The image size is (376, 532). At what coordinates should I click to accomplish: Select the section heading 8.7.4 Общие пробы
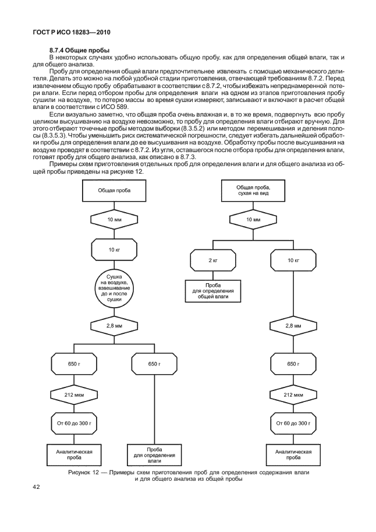[x=80, y=51]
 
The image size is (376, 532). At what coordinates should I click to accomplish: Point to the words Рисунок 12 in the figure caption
[x=86, y=472]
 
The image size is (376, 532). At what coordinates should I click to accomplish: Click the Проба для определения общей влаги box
[x=212, y=291]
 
